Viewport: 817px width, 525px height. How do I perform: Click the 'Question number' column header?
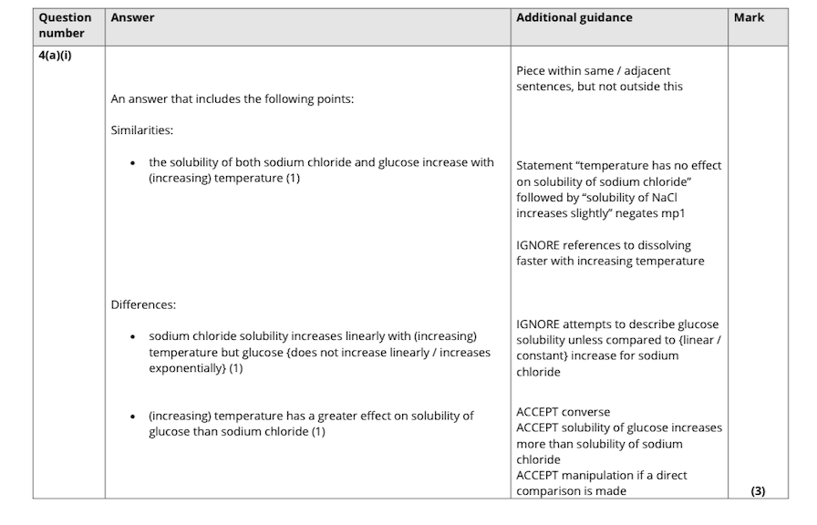pos(65,26)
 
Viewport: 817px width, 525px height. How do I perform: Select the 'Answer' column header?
pos(132,17)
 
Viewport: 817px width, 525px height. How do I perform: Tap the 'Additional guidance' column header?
pos(574,17)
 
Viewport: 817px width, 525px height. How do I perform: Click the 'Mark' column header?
pos(749,17)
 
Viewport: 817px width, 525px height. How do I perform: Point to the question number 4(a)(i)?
pos(56,56)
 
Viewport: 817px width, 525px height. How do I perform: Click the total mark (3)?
pos(758,491)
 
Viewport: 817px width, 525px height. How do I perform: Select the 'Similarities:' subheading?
pos(142,130)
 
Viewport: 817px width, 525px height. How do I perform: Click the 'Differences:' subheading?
pos(143,304)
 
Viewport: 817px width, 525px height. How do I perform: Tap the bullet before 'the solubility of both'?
pos(134,163)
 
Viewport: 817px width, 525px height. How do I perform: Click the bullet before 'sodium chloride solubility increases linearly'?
pos(134,337)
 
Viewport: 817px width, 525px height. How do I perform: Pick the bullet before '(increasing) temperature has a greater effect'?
pos(134,417)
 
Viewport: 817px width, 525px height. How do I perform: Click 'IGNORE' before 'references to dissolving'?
pos(538,245)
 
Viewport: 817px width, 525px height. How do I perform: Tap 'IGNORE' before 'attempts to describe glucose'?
pos(538,324)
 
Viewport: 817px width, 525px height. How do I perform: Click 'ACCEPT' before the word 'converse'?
pos(539,412)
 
